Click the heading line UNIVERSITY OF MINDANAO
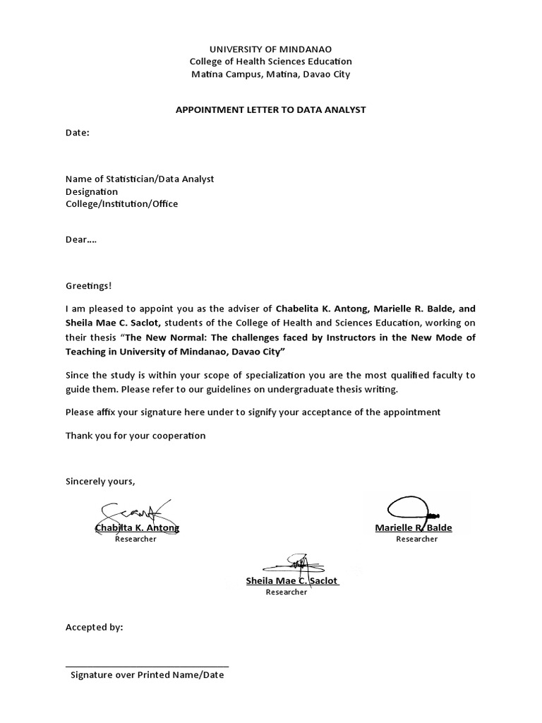271,49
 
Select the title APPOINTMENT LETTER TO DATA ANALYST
271,109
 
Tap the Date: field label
78,132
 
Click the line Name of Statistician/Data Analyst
140,179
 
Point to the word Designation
92,191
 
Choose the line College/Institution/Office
122,204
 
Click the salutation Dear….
81,239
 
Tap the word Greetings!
88,286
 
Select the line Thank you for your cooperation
135,436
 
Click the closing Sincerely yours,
100,482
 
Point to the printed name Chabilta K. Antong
137,528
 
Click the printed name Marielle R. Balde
414,528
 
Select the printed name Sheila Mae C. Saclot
292,581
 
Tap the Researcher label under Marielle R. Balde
416,539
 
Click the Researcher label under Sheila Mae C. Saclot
286,592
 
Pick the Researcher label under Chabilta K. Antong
135,539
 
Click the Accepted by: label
94,627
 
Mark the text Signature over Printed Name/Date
147,675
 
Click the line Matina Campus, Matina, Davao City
271,74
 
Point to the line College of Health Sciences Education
271,61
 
